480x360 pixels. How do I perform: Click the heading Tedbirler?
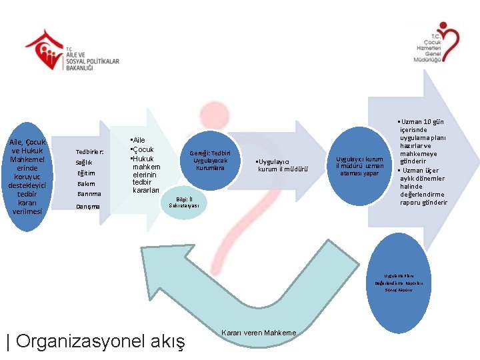[89, 152]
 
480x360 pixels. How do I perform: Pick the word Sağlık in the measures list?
[84, 163]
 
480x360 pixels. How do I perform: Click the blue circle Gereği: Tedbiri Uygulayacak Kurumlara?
[210, 160]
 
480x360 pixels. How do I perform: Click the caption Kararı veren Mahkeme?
[258, 333]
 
